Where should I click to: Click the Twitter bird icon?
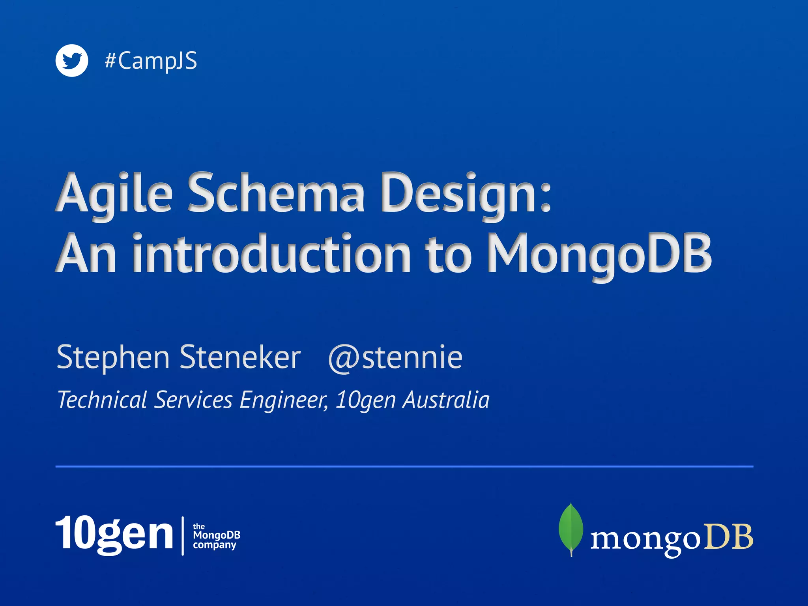pyautogui.click(x=71, y=61)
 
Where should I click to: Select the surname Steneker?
pyautogui.click(x=240, y=357)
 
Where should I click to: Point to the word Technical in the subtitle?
pyautogui.click(x=102, y=400)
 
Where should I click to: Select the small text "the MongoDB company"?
pyautogui.click(x=216, y=536)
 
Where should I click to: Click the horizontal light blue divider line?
pyautogui.click(x=404, y=466)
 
